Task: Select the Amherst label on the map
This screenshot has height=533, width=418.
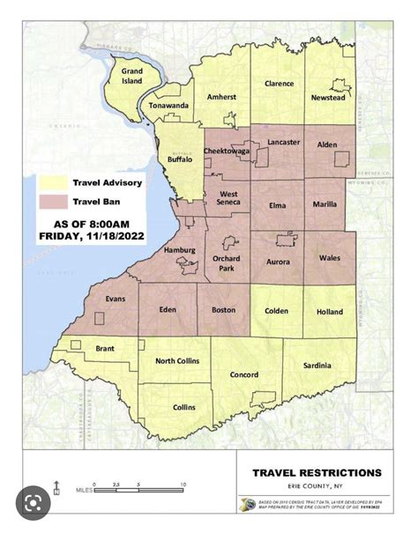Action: tap(220, 97)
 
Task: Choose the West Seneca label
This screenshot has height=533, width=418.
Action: tap(231, 198)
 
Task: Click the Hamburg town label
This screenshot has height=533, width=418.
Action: tap(180, 250)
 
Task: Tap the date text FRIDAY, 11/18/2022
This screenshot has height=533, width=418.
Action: tap(91, 236)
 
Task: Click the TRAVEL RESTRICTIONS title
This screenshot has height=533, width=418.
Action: tap(317, 473)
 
